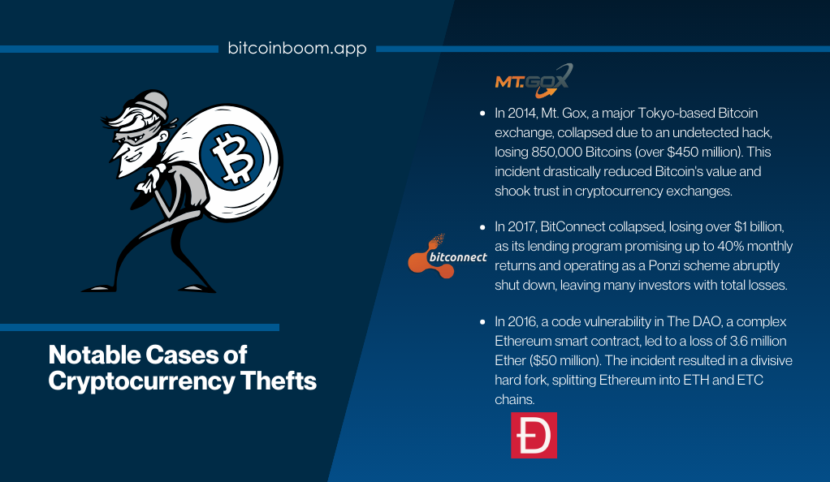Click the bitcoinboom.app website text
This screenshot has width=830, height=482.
coord(297,48)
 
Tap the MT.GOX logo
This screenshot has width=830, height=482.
coord(534,81)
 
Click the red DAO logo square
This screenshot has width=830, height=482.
coord(534,435)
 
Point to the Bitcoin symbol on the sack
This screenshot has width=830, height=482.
coord(231,157)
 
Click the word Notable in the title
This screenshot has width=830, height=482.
coord(95,355)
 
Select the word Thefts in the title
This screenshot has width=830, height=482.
coord(279,381)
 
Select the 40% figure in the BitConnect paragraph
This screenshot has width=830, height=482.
coord(732,246)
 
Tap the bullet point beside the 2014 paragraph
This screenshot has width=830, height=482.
coord(482,114)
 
